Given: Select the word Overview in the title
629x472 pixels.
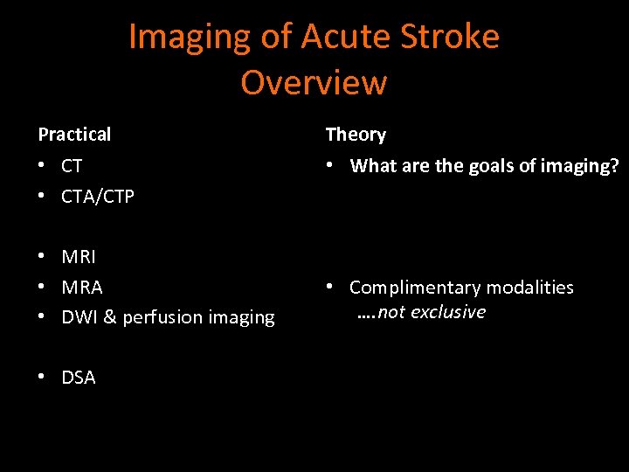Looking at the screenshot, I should tap(314, 83).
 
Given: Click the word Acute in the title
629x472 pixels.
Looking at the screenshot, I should tap(341, 37).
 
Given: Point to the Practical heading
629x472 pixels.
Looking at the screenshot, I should tap(74, 135).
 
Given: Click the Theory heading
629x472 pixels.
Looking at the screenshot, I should tap(356, 135).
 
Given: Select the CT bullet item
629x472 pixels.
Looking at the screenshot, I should tap(72, 165).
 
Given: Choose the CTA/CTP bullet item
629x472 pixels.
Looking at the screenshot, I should tap(98, 196).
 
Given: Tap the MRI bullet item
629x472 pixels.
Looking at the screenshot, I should tap(79, 257).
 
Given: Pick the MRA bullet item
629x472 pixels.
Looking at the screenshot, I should tap(82, 287).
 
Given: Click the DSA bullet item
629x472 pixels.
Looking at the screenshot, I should tap(79, 378).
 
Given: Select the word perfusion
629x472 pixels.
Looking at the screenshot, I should tap(162, 317).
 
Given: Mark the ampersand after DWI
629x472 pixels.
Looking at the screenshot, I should tap(110, 317).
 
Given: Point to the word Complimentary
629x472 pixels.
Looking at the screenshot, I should tap(415, 287).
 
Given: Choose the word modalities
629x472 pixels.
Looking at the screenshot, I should tap(530, 287).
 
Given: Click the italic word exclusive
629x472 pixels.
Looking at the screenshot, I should tap(447, 312).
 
